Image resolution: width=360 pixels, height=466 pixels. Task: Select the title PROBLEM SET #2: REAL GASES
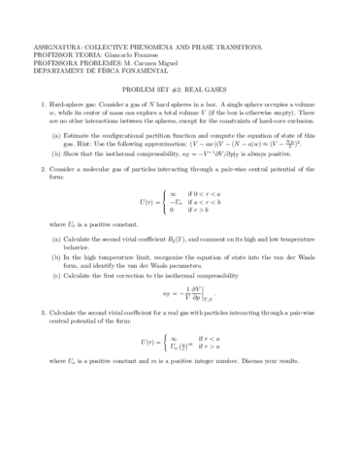[x=180, y=86]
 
